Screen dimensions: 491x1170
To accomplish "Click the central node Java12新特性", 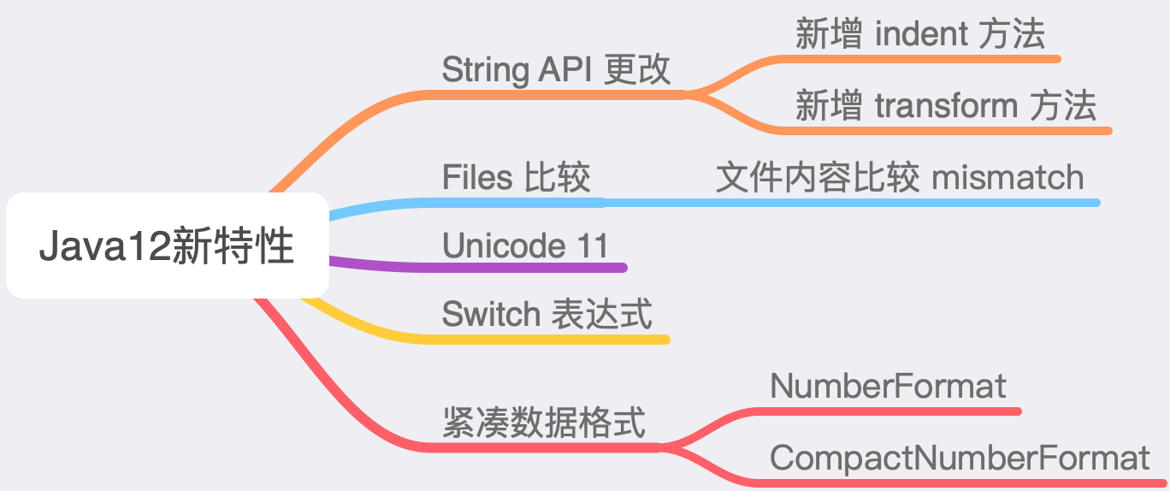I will tap(167, 246).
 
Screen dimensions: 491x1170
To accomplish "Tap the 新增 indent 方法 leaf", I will tap(919, 34).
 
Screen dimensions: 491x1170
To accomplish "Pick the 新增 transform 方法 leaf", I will tap(945, 106).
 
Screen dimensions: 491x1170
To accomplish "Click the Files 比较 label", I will tap(516, 178).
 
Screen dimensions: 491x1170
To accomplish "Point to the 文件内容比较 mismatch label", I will tap(899, 177).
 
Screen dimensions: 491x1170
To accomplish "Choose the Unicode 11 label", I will tap(525, 245).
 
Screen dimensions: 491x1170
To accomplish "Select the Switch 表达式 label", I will tap(547, 314).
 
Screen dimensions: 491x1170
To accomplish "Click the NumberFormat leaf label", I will tap(888, 387).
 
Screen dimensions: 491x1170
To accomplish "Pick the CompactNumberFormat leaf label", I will tap(960, 458).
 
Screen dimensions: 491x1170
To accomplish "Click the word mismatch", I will tap(1007, 177).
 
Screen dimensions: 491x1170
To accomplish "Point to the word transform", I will tap(946, 106).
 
